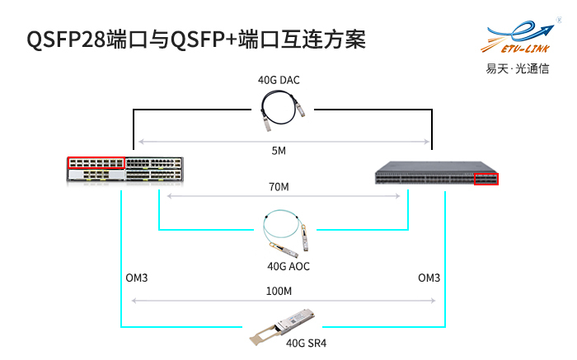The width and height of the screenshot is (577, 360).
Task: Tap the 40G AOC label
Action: (x=288, y=266)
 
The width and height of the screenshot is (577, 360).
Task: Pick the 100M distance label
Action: (x=280, y=291)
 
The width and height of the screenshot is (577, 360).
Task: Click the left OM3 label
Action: (x=137, y=278)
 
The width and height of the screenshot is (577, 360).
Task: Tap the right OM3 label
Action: (x=429, y=278)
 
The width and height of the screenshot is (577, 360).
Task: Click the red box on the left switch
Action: (x=95, y=161)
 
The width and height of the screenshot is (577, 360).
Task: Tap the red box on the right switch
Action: (x=486, y=178)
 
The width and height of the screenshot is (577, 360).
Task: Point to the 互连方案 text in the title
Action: (x=321, y=40)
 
